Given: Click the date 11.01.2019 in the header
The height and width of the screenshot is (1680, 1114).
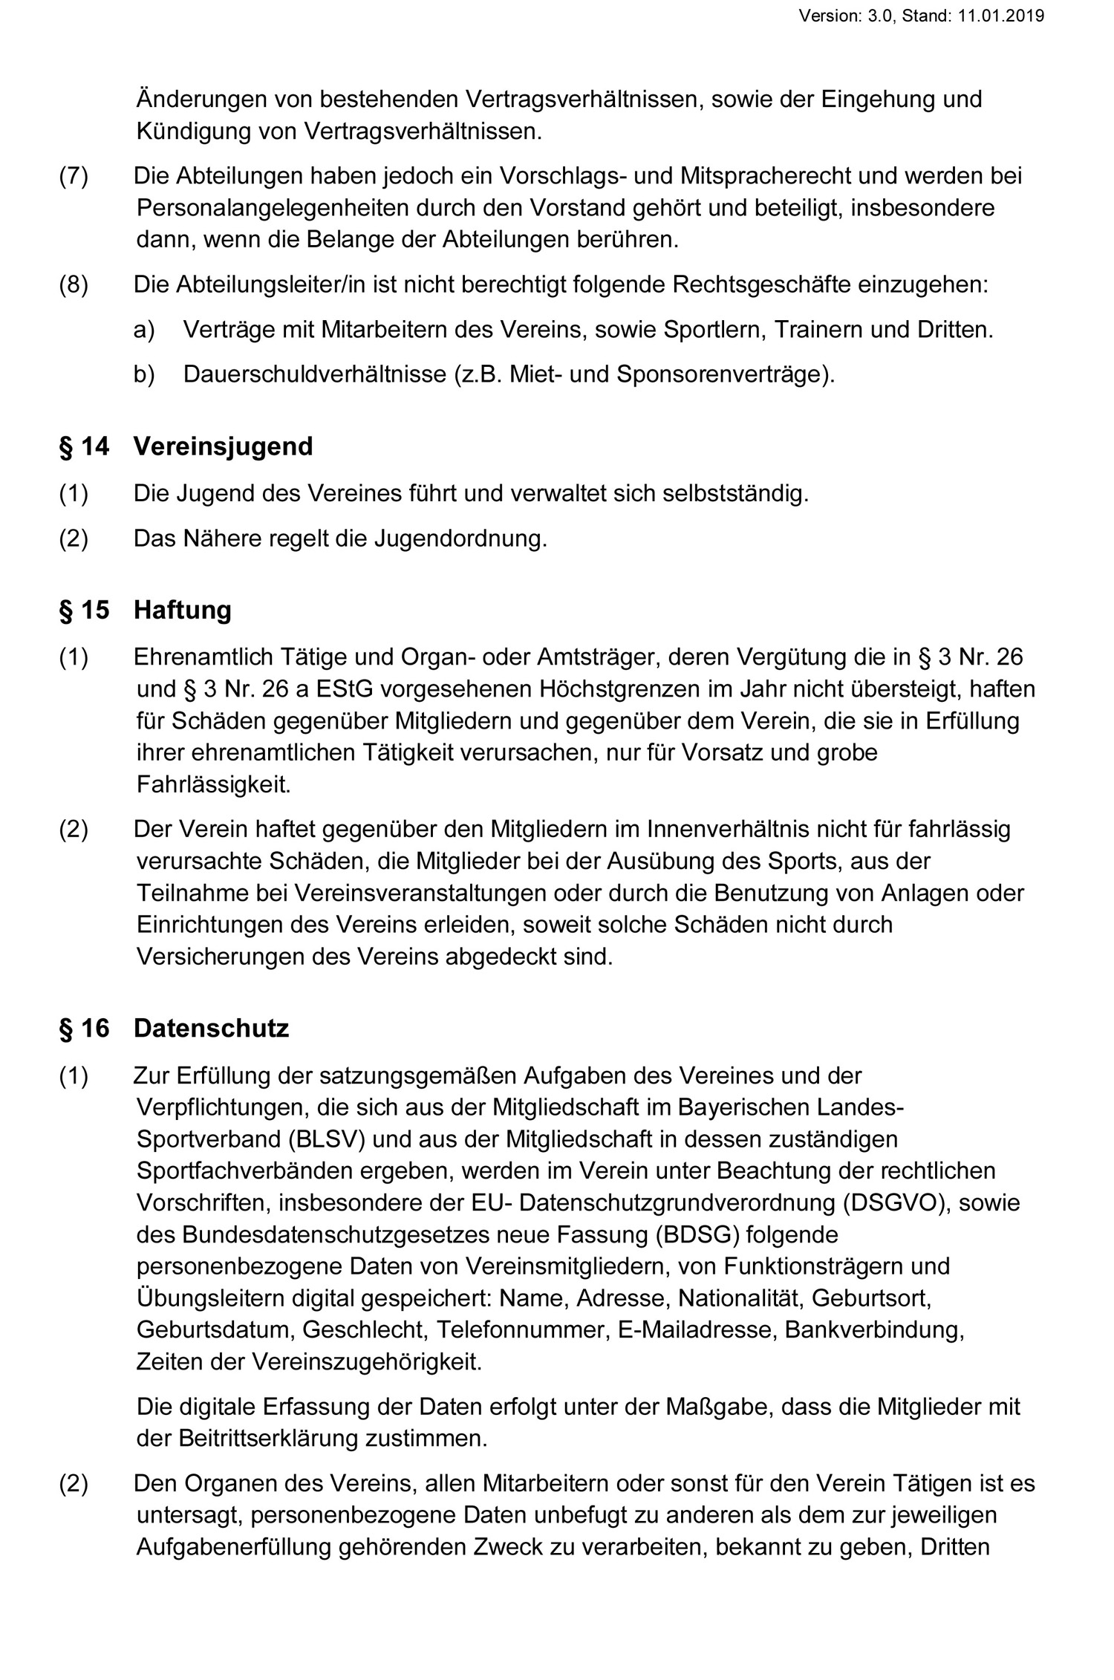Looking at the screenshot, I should coord(1001,16).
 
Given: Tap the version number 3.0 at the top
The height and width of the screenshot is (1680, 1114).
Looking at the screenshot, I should coord(881,16).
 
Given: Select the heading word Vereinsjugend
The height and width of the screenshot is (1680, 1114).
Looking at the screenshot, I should coord(223,446).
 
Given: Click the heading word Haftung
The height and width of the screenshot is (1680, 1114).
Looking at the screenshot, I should coord(182,610).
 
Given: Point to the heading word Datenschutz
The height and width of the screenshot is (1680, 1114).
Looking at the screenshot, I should coord(211,1029).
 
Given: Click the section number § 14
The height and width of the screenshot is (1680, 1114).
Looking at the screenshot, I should coord(84,446).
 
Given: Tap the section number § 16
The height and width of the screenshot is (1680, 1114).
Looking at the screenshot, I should coord(84,1029).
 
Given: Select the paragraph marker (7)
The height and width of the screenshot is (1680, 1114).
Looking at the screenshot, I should coord(74,176).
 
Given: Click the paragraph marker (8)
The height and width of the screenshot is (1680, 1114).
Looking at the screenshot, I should coord(74,285).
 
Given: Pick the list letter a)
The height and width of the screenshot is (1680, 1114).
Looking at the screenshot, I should coord(144,330).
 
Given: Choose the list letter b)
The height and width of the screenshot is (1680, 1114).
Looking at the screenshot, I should coord(144,374).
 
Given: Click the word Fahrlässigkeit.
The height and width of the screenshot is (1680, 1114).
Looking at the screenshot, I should coord(214,784).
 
